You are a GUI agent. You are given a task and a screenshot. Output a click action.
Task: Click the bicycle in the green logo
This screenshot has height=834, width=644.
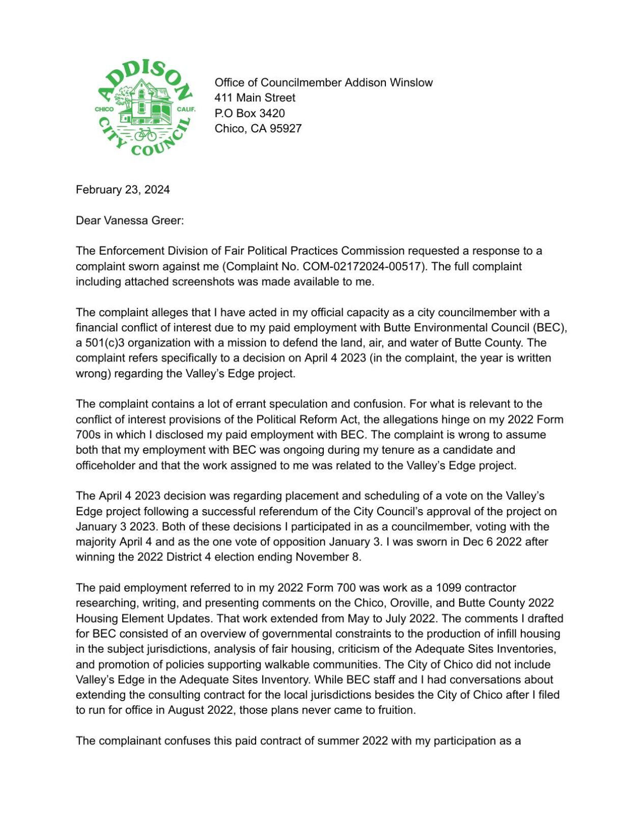(x=146, y=134)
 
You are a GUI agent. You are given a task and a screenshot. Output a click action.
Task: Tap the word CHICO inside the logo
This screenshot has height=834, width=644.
(x=104, y=109)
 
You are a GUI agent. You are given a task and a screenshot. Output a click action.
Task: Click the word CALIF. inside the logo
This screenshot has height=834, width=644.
(x=186, y=109)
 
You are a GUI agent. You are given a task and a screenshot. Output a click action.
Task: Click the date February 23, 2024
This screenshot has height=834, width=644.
(x=123, y=190)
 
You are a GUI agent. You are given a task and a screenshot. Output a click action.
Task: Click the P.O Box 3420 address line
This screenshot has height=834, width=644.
(x=249, y=113)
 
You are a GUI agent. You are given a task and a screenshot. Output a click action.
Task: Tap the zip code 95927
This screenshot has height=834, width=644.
(x=286, y=128)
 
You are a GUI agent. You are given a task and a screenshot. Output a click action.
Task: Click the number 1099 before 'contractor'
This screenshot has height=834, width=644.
(x=450, y=588)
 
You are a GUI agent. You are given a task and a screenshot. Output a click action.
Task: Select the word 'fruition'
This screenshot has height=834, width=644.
(x=395, y=710)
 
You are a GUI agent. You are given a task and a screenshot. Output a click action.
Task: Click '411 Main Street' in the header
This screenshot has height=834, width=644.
(x=255, y=98)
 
